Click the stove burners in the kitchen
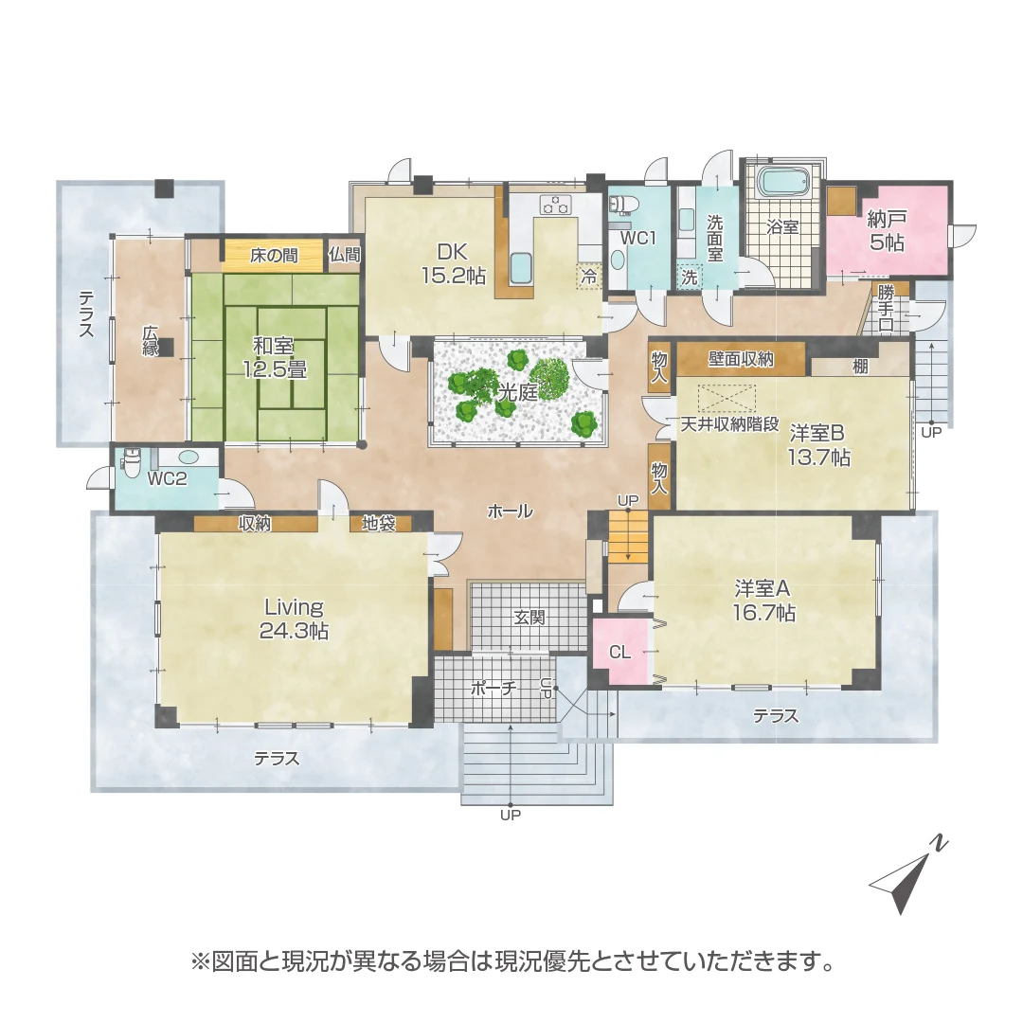(x=555, y=205)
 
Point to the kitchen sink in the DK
(x=521, y=269)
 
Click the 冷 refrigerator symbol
(x=588, y=277)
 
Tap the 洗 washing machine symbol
(x=689, y=277)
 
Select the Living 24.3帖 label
(x=294, y=619)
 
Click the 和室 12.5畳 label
(x=275, y=357)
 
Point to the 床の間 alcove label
(x=274, y=256)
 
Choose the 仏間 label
(x=344, y=255)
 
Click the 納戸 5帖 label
(x=887, y=231)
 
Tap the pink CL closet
(x=619, y=651)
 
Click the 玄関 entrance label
(x=529, y=618)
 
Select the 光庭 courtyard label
(x=517, y=392)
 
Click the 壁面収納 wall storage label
(x=741, y=358)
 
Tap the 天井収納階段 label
(x=729, y=424)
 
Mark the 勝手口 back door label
(x=886, y=308)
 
